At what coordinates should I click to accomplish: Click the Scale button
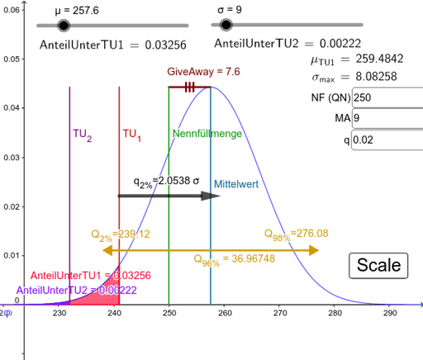click(378, 265)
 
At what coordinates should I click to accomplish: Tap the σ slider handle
click(224, 26)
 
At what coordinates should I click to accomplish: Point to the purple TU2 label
click(82, 133)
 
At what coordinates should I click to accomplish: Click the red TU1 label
click(131, 133)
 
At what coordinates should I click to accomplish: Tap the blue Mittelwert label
click(235, 184)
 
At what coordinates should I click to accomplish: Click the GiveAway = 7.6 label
click(192, 72)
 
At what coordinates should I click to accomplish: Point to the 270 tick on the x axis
click(279, 313)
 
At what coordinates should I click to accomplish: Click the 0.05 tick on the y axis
click(12, 59)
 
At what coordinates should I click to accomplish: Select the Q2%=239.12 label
click(121, 234)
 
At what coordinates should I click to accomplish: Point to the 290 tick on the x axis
click(390, 313)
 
